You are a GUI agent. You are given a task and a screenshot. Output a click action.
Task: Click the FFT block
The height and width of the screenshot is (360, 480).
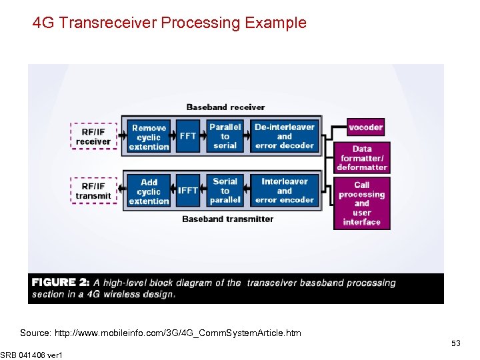(188, 136)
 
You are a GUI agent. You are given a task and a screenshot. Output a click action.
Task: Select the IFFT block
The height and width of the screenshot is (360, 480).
(188, 191)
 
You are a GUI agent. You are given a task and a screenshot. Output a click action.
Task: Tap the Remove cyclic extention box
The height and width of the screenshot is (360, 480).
(149, 137)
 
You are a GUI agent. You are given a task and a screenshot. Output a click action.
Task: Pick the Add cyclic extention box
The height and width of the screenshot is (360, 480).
(149, 191)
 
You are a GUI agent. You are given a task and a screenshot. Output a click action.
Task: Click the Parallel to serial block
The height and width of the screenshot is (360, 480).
(225, 136)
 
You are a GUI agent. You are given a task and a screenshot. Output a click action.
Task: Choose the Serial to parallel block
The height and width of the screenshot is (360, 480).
(225, 191)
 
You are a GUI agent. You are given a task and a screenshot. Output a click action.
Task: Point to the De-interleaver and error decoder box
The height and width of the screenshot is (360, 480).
(285, 136)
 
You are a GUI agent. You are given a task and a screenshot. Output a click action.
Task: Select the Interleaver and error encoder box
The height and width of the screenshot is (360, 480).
(285, 191)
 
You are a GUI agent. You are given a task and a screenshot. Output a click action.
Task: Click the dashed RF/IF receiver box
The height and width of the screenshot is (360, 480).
(93, 137)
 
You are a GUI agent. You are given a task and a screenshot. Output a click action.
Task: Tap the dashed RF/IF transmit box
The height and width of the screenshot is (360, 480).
(93, 191)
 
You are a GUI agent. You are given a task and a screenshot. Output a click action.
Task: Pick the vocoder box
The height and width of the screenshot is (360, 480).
(366, 127)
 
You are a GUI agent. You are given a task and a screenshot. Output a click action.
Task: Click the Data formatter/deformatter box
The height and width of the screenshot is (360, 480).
(362, 159)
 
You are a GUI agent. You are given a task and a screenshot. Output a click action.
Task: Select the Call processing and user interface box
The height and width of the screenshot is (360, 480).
(362, 203)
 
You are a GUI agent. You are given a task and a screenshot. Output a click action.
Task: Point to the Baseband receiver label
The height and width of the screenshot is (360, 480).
(225, 107)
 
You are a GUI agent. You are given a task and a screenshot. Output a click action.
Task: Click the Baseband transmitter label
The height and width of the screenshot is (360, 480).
(227, 219)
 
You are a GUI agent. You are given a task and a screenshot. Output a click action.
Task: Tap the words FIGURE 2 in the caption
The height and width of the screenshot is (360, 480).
(61, 283)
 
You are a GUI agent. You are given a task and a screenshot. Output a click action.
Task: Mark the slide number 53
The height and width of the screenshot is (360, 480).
(456, 343)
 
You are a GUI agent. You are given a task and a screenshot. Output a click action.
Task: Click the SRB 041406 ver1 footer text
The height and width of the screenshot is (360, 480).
(31, 355)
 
